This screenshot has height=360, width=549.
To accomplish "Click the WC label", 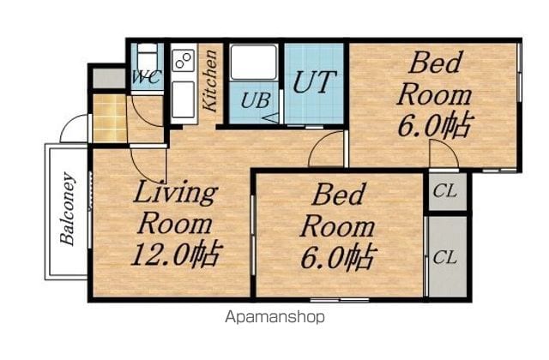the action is click(147, 77).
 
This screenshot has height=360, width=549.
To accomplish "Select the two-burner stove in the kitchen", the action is click(184, 60).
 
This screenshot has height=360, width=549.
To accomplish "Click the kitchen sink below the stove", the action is click(183, 99).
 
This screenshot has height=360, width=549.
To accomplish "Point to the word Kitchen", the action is click(210, 81).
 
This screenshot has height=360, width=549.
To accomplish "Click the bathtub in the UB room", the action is click(254, 63).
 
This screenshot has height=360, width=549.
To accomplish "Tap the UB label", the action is click(256, 100).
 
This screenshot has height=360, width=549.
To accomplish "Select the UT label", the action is click(314, 82).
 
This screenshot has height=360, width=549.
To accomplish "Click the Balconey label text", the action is click(68, 209).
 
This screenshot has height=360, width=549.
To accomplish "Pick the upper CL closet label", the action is click(444, 191).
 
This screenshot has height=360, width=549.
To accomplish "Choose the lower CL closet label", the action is click(444, 258).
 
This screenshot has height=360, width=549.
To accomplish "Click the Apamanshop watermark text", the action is click(274, 318).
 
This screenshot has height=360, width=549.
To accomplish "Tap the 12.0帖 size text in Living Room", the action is click(177, 255).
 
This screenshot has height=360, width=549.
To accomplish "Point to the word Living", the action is click(175, 194).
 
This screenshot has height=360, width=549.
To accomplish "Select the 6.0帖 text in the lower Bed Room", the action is click(339, 258).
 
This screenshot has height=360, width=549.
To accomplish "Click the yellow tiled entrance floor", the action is click(110, 118).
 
